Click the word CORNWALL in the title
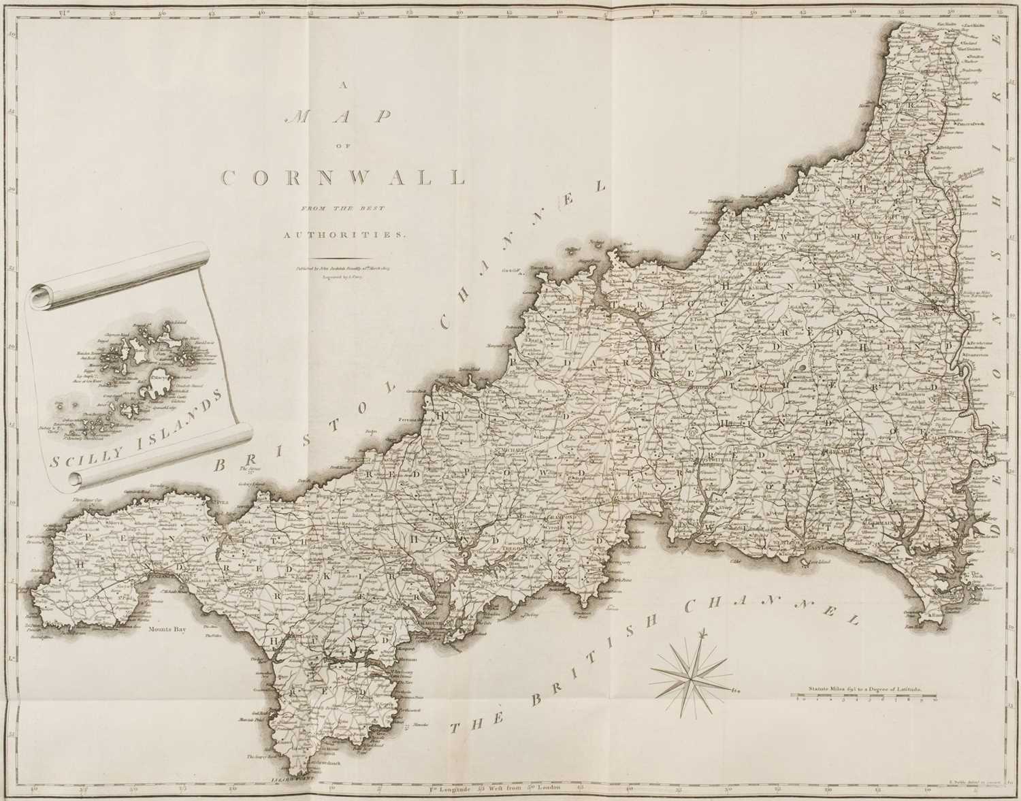(x=344, y=178)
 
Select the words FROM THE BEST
(x=344, y=207)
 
